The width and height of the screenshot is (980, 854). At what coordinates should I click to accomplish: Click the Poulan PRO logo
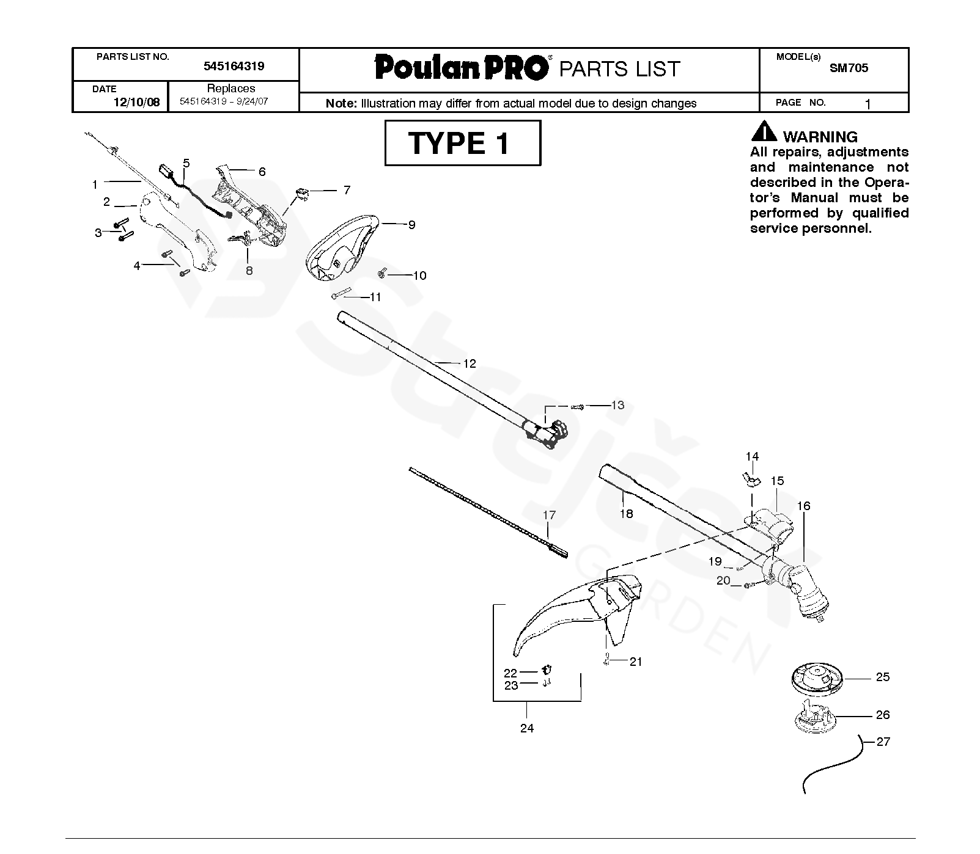click(x=462, y=67)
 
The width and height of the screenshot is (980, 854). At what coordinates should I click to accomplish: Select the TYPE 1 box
click(x=462, y=143)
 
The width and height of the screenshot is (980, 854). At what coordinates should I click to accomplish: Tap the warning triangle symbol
click(x=764, y=132)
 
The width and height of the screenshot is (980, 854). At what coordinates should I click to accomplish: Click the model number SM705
click(x=849, y=68)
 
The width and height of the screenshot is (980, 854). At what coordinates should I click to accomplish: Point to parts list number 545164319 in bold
click(x=234, y=66)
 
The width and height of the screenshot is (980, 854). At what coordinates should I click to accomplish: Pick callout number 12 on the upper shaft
click(x=469, y=363)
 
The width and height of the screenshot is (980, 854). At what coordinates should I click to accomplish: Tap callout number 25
click(x=882, y=677)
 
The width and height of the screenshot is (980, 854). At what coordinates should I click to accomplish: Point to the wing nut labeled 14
click(x=753, y=480)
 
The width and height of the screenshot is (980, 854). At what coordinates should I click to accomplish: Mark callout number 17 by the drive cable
click(x=549, y=515)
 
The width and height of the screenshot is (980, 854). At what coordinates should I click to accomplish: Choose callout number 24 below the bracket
click(x=526, y=728)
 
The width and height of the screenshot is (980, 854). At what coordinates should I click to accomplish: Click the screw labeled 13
click(x=578, y=406)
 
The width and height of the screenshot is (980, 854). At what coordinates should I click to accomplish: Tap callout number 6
click(x=262, y=172)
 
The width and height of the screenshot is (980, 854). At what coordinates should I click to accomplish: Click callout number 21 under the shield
click(x=636, y=662)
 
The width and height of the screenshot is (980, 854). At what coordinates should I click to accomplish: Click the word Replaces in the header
click(x=230, y=88)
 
